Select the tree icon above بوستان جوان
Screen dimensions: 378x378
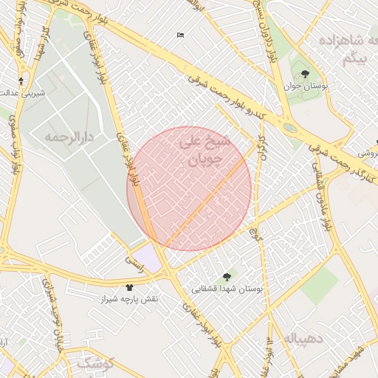(x=305, y=74)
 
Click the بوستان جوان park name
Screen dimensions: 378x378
(x=305, y=86)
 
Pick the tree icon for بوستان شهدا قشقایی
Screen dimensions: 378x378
(x=227, y=276)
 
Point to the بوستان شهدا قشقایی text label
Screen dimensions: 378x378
(x=227, y=289)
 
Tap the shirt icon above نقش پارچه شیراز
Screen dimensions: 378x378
(x=130, y=286)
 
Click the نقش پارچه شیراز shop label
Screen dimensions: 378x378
(x=130, y=299)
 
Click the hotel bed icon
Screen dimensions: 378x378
(x=181, y=35)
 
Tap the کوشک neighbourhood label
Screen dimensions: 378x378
(x=96, y=362)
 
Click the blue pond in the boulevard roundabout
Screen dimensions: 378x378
(x=290, y=128)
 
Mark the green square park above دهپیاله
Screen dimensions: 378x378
(x=319, y=285)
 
